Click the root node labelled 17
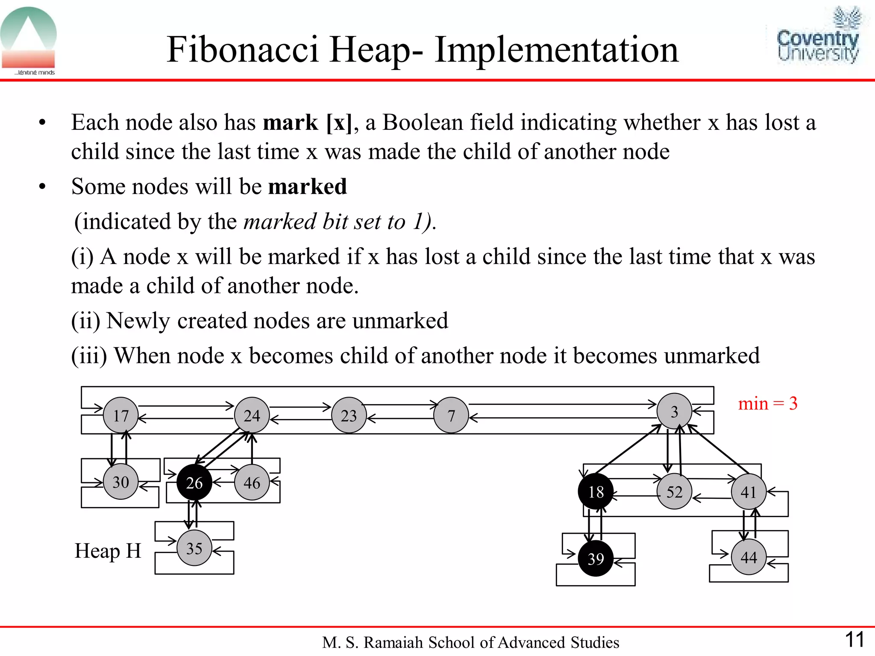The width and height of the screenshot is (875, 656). click(121, 415)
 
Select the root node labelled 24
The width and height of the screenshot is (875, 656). click(252, 415)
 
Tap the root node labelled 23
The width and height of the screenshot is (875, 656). click(349, 415)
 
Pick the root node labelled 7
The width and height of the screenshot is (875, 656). click(451, 415)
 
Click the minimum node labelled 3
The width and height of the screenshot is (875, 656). click(674, 411)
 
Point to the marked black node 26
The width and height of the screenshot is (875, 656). click(194, 483)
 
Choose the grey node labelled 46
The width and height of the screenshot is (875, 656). click(252, 483)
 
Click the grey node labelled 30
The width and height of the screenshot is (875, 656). click(121, 482)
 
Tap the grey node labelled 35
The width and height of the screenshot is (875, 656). click(194, 548)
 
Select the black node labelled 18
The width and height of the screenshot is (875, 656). click(596, 492)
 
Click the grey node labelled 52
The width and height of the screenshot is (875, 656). click(674, 492)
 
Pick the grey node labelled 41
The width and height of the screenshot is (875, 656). click(749, 492)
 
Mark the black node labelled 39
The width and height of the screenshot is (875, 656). click(596, 558)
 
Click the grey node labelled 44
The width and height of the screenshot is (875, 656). click(749, 557)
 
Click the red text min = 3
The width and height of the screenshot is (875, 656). click(768, 403)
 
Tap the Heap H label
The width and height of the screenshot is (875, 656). click(108, 551)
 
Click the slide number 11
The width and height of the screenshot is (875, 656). click(854, 640)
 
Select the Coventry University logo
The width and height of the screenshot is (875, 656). click(817, 36)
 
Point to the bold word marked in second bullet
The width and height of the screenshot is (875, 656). click(307, 187)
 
